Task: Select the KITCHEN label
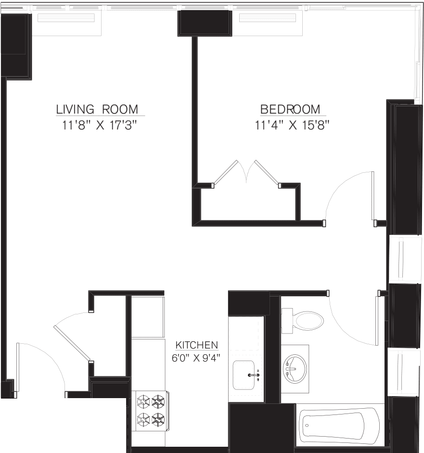196,345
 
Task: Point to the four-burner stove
151,410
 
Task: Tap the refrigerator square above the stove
148,317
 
